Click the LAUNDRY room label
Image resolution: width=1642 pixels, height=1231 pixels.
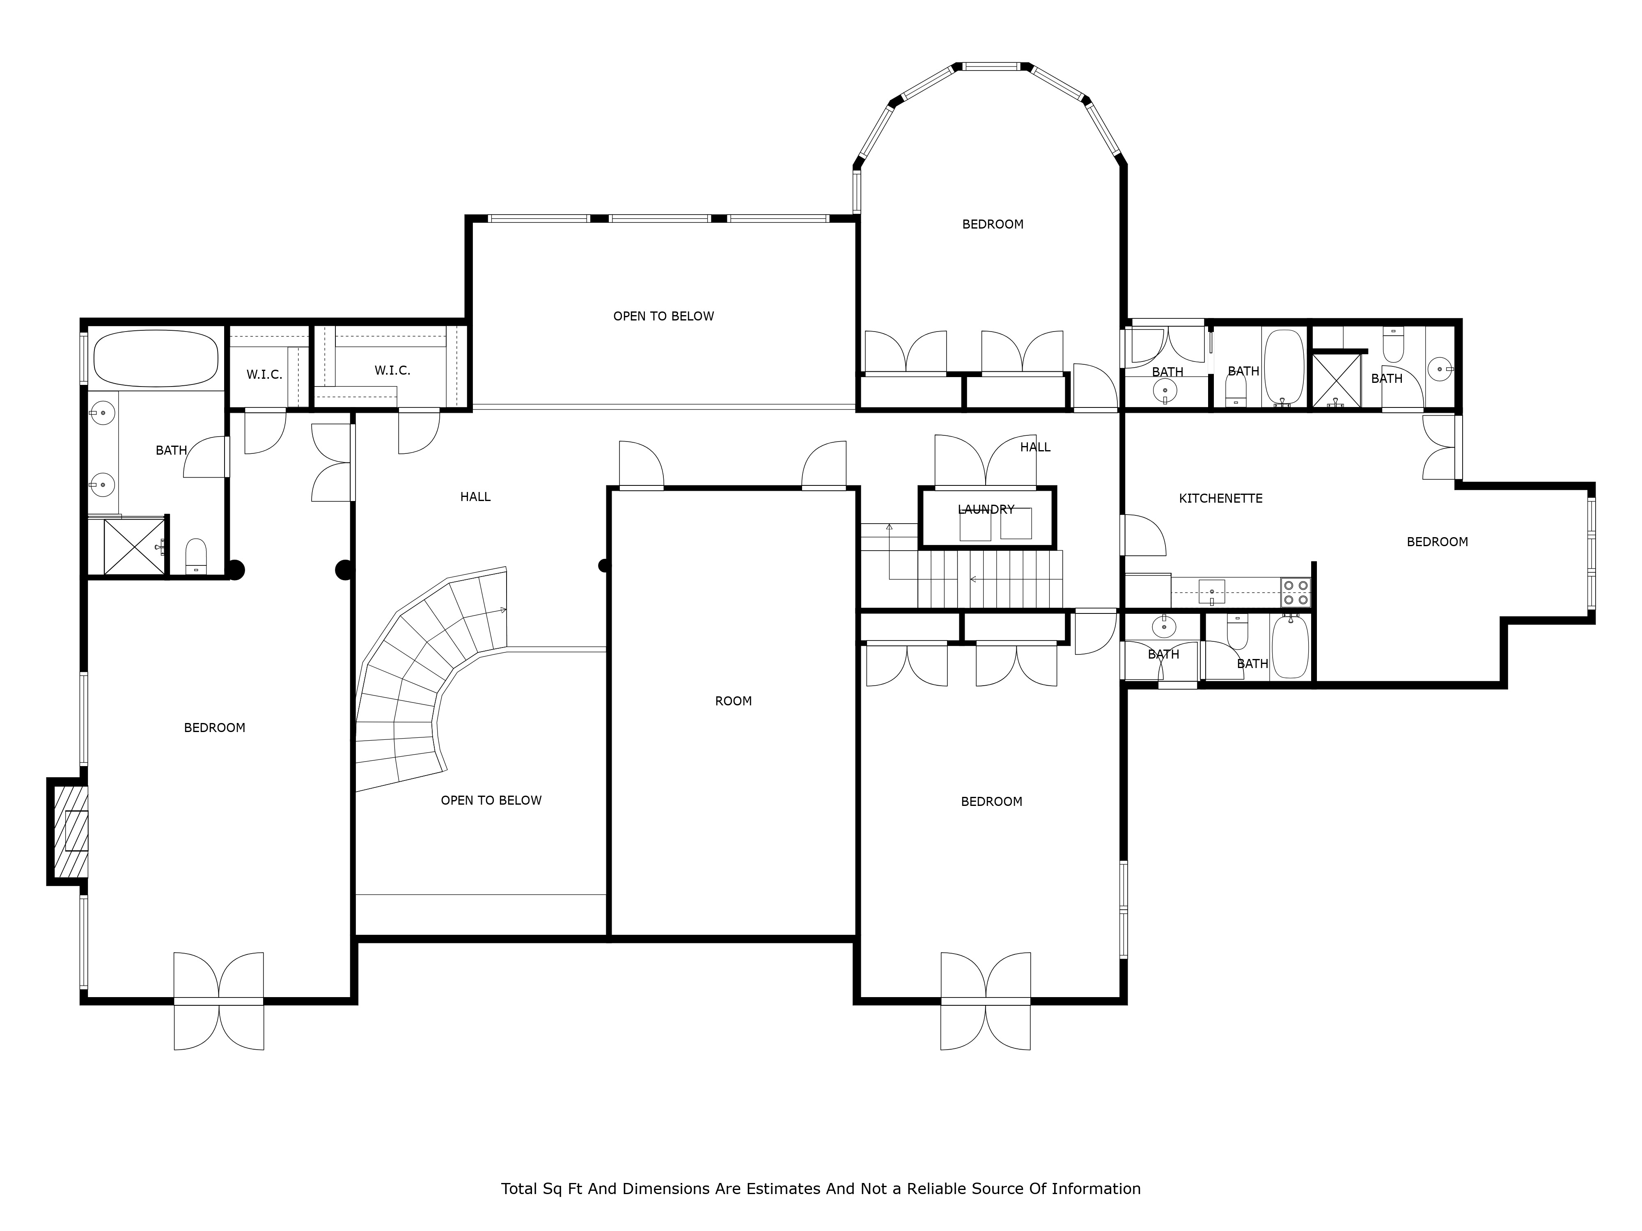985,509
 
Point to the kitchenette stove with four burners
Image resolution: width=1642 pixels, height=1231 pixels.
1296,592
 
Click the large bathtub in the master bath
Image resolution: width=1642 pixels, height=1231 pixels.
156,358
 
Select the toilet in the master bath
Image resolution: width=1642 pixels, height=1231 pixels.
196,556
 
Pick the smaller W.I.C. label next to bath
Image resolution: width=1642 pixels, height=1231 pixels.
264,375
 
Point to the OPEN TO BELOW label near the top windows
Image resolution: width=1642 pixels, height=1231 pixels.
663,316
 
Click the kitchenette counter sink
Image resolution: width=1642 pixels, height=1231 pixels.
1211,592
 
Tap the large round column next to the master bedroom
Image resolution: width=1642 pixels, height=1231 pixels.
344,570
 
